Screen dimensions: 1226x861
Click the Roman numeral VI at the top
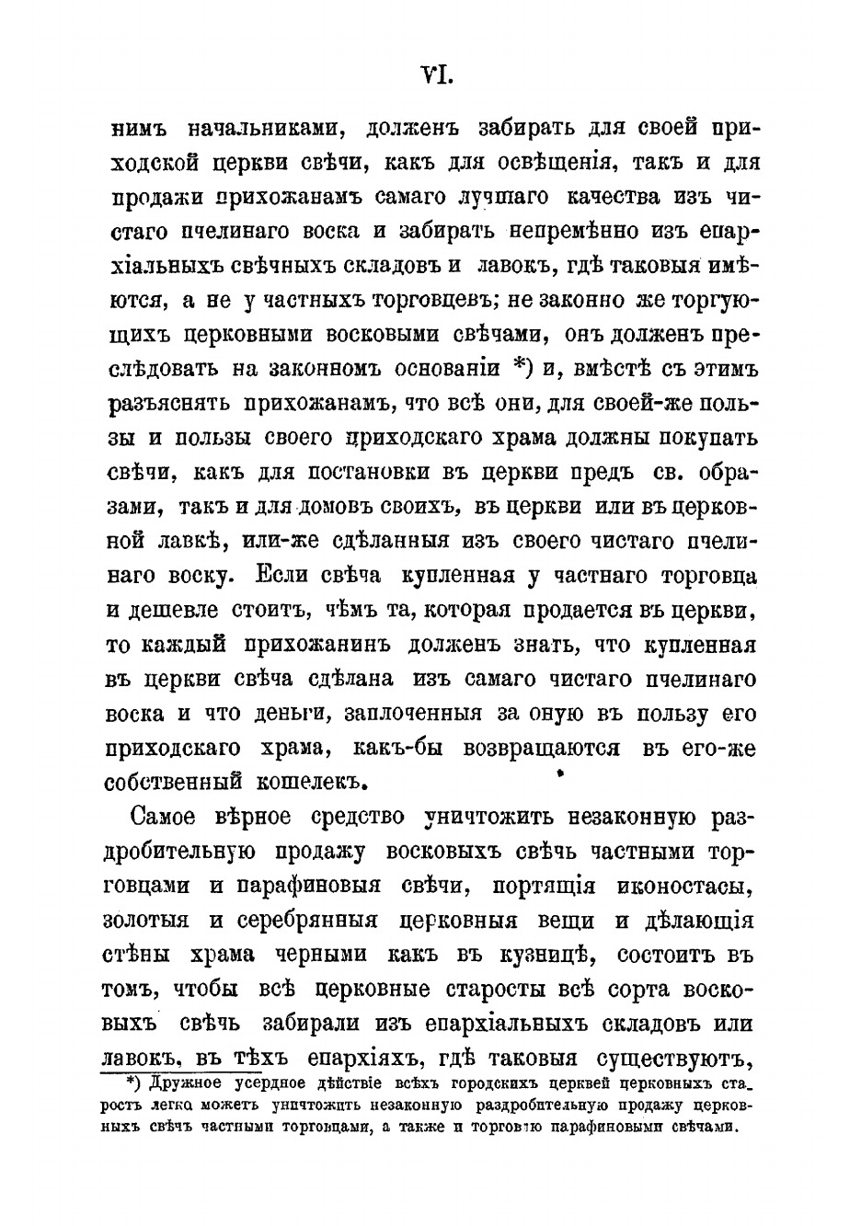point(433,75)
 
